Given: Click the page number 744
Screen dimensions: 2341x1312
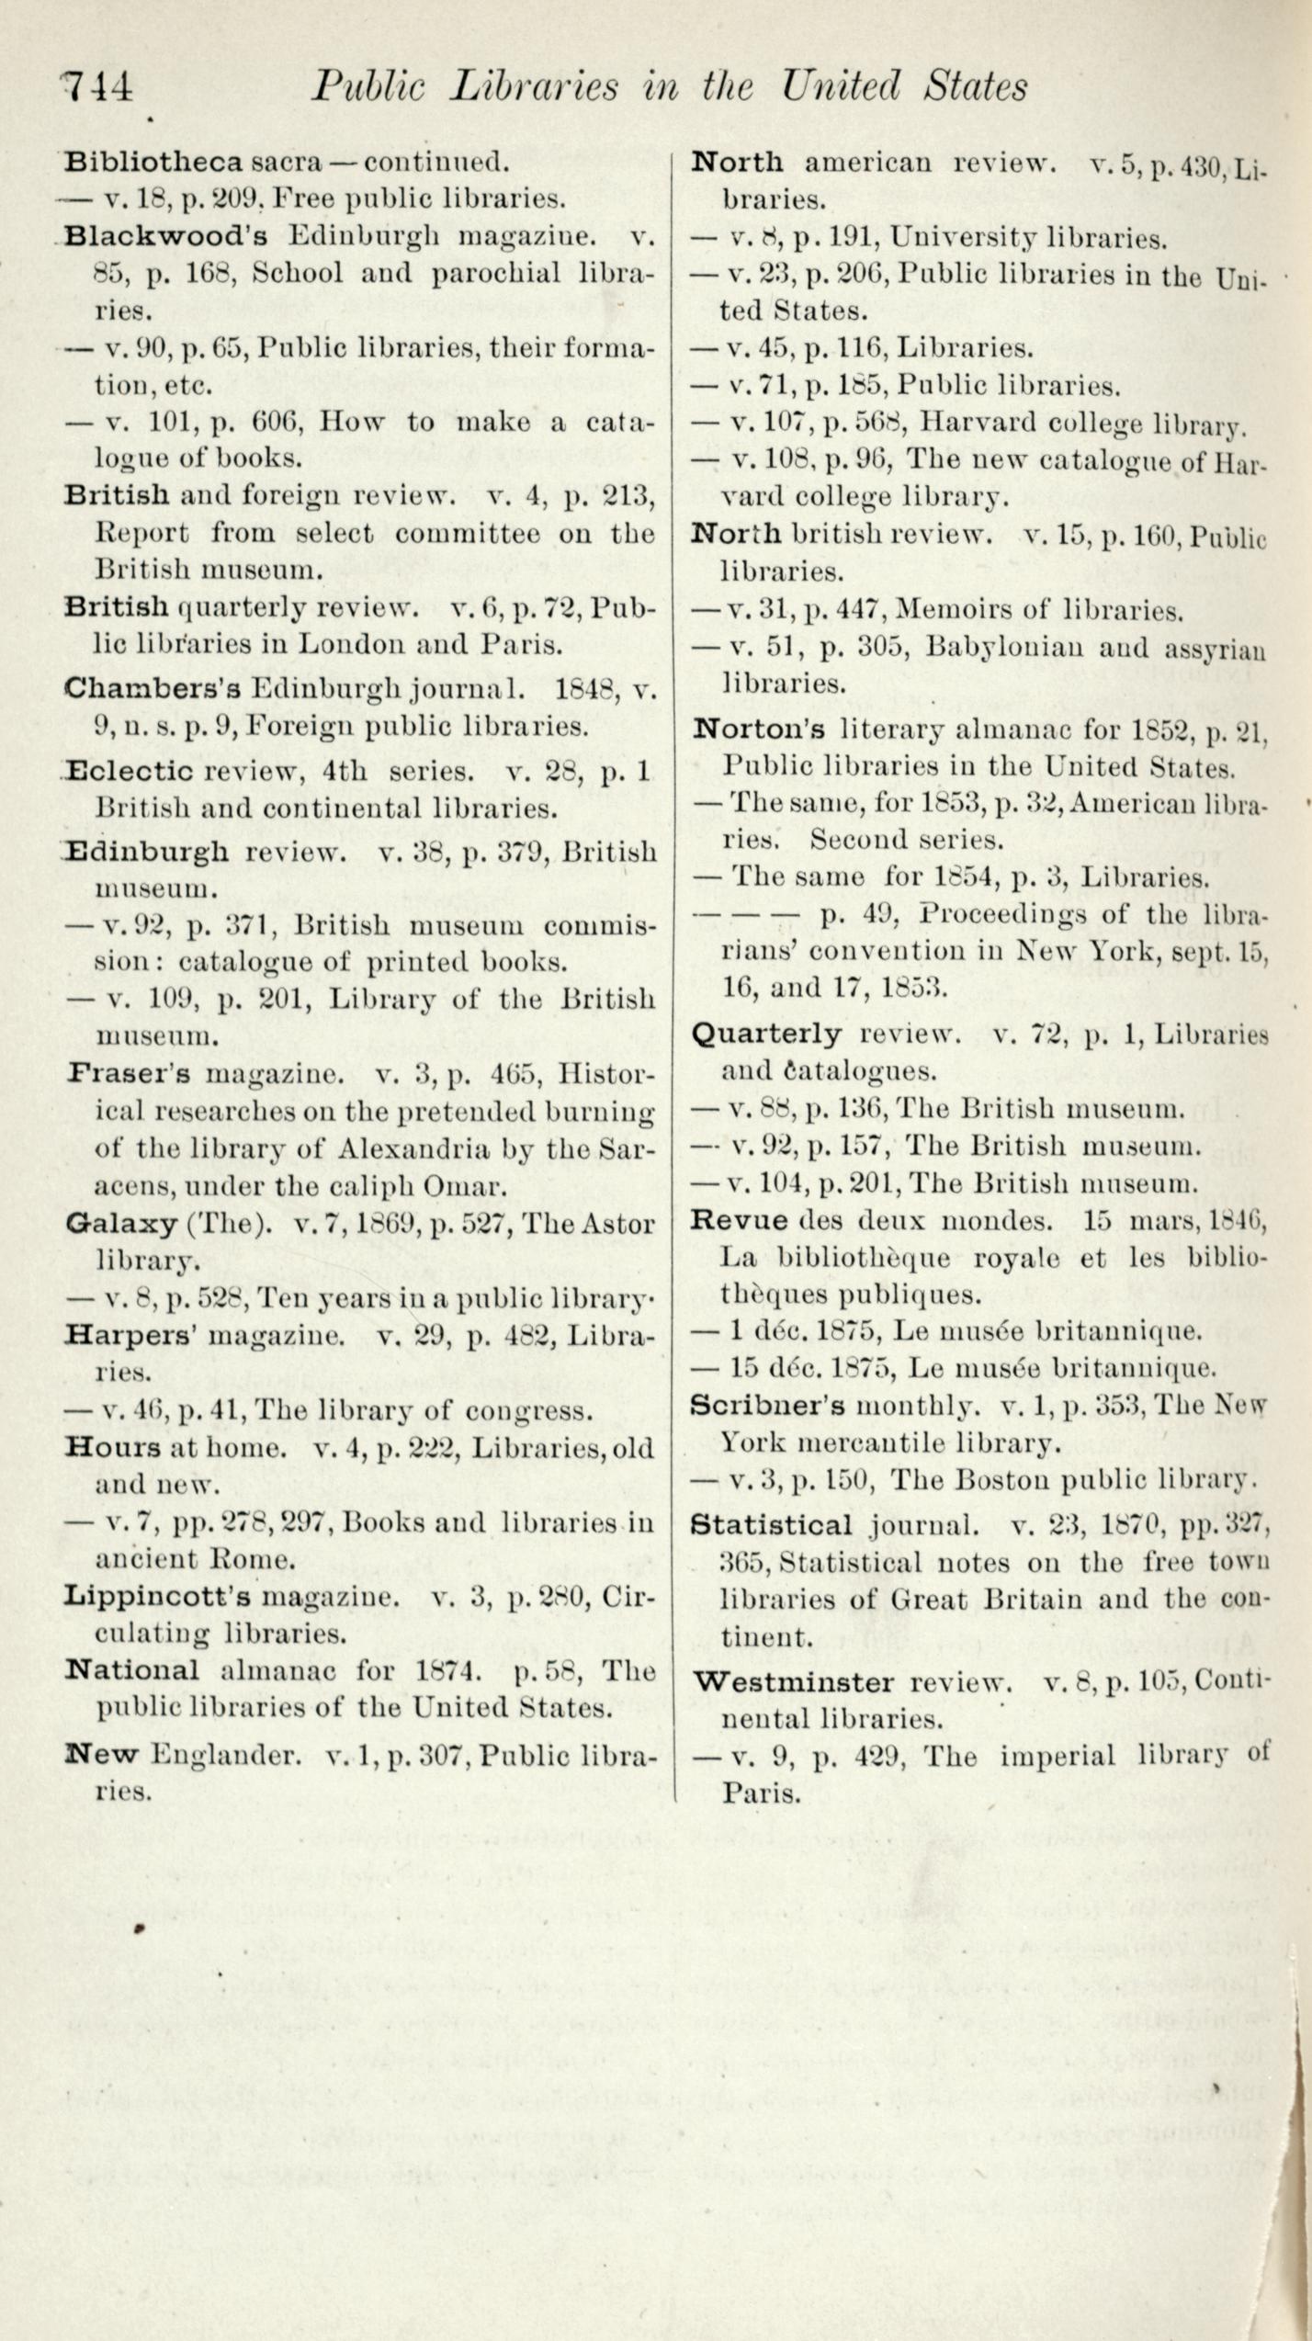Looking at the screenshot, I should [97, 88].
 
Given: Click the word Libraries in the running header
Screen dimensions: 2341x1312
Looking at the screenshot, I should [534, 86].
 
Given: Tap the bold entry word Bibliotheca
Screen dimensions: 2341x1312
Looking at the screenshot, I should [154, 163].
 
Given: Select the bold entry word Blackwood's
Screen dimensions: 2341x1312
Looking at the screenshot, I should [166, 236].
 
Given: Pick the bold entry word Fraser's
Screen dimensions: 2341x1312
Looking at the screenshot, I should [128, 1073].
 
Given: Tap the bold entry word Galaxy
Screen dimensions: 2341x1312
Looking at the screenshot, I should [121, 1224].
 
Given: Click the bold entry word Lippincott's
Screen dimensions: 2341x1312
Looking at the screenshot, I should [157, 1596].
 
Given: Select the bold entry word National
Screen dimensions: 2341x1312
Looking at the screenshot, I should [132, 1669].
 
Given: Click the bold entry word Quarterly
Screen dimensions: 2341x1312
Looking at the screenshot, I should [765, 1035].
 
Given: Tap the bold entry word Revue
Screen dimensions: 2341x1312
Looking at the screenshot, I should [739, 1221].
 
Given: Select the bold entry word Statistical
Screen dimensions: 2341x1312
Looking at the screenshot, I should [772, 1525].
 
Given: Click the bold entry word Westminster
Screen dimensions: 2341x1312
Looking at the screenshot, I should [793, 1683].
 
